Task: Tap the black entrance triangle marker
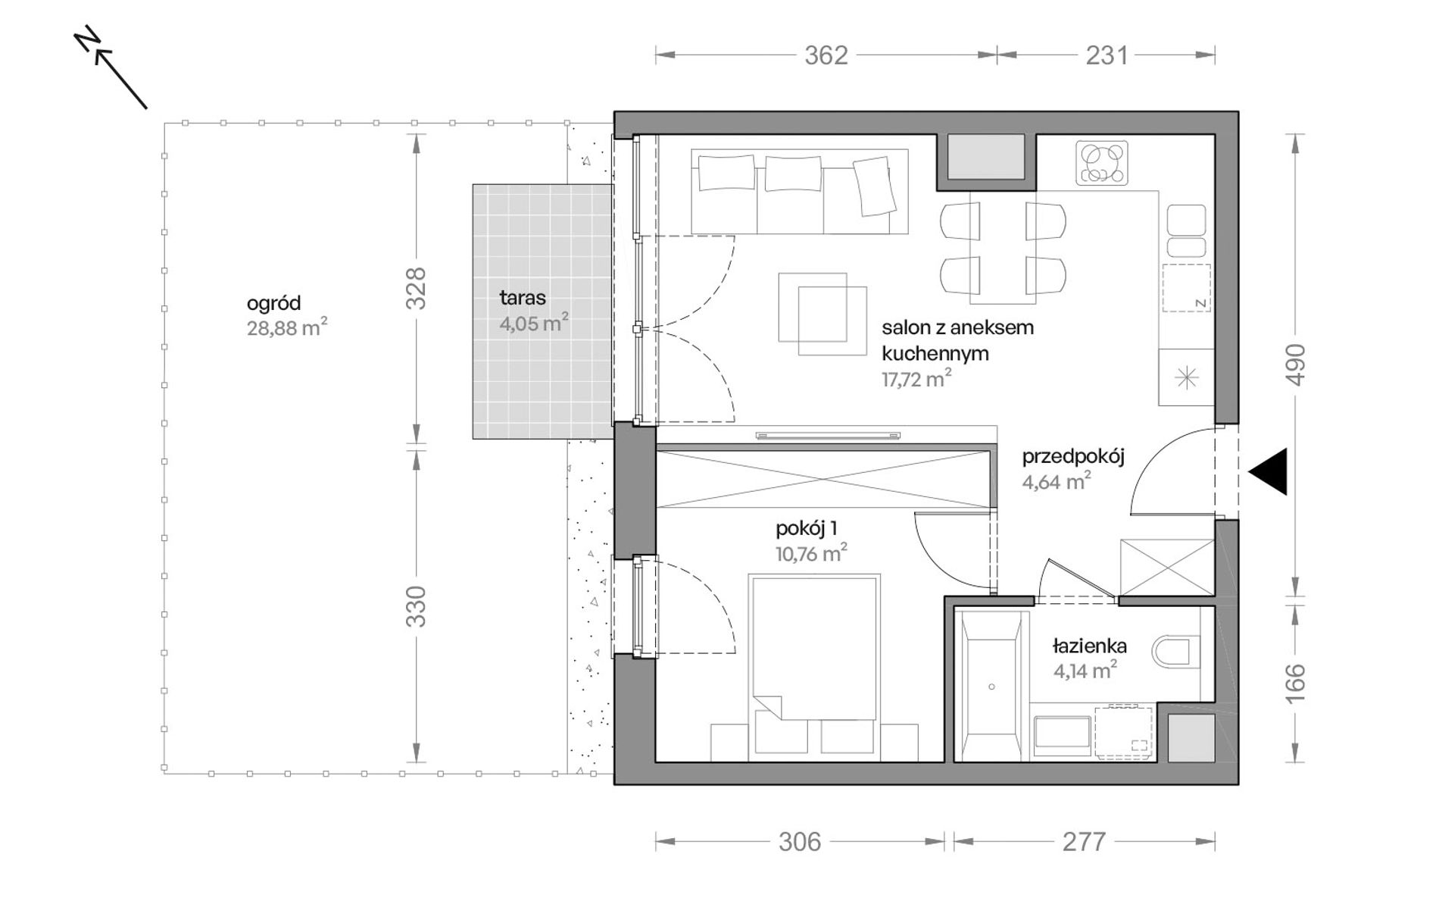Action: click(1269, 471)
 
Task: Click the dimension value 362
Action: click(826, 55)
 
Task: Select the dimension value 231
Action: click(1107, 55)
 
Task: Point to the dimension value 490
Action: click(1296, 365)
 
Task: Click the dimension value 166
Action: click(1296, 682)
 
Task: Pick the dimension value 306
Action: click(799, 841)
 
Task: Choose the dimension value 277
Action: click(1084, 841)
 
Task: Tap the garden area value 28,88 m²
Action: click(287, 327)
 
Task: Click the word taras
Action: click(523, 298)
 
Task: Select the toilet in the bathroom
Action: click(1176, 650)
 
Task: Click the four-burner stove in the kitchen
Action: click(1102, 163)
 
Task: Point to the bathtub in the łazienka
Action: click(991, 686)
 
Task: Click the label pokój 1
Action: click(806, 528)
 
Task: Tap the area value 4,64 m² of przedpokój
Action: click(1057, 480)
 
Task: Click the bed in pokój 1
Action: click(814, 667)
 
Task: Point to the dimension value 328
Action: click(417, 288)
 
